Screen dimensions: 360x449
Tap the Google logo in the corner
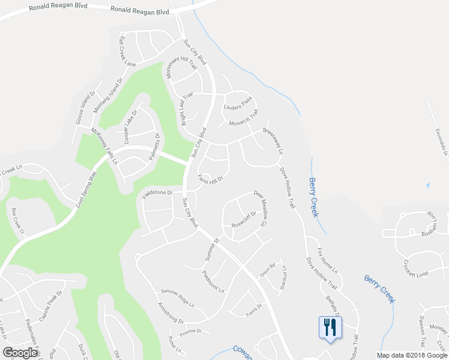(x=20, y=353)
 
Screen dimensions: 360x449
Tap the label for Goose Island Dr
(x=85, y=108)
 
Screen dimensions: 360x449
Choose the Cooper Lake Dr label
(x=130, y=127)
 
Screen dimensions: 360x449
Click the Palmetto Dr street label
(x=158, y=148)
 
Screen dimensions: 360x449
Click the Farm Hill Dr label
(x=211, y=179)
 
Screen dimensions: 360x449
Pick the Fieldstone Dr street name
(x=157, y=193)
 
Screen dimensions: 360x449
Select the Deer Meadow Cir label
(x=259, y=206)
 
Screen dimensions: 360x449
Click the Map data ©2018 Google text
(x=411, y=355)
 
